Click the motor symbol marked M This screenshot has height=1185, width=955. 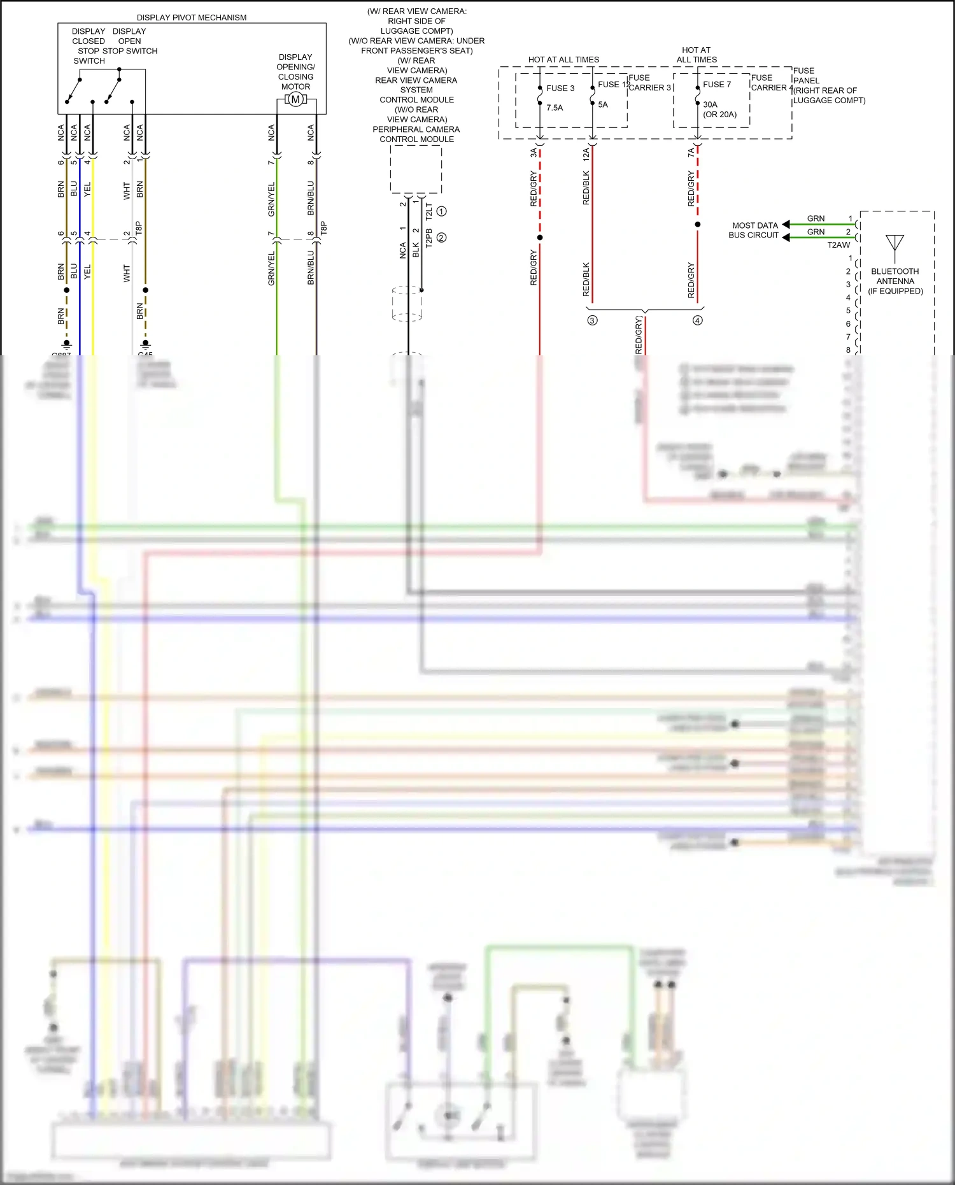pos(295,99)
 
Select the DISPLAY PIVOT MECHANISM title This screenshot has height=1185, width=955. pos(192,17)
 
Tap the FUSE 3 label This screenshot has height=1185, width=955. pos(560,88)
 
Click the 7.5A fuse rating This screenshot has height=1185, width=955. pos(555,108)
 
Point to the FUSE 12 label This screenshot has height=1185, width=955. pos(613,84)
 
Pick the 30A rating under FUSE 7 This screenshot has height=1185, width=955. pos(710,104)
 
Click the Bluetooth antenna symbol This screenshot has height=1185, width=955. pos(895,244)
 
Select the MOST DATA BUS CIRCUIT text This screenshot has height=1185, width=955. pos(754,230)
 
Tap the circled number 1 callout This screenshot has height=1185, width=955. pos(441,211)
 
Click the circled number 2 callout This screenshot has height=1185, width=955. pos(441,238)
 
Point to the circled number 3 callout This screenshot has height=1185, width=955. pos(592,320)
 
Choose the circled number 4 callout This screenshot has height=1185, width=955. pos(697,320)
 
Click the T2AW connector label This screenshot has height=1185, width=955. pos(838,245)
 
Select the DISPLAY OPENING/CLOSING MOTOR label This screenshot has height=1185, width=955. pos(295,71)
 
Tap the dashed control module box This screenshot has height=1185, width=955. pos(416,169)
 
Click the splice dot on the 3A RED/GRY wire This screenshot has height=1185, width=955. pos(540,238)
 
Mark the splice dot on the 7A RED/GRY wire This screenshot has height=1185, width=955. pos(697,224)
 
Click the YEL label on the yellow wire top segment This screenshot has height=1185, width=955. pos(87,189)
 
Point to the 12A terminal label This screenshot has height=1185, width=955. pos(586,153)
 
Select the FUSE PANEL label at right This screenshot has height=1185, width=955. pos(806,76)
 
